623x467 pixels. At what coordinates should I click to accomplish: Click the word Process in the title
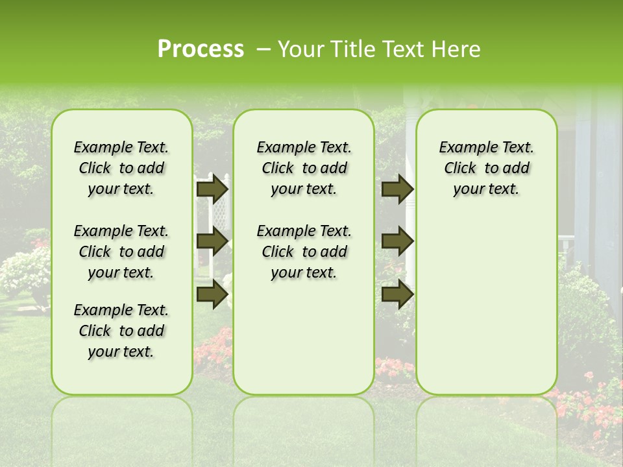(201, 49)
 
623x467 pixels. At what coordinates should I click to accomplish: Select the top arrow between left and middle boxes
(212, 189)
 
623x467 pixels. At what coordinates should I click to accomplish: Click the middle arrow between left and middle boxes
(212, 241)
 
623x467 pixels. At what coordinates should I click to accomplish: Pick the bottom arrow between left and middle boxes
(212, 294)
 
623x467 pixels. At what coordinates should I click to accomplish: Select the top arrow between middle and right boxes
(397, 189)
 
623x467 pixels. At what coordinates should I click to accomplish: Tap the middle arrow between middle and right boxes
(397, 241)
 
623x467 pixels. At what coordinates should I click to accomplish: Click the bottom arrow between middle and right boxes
(397, 294)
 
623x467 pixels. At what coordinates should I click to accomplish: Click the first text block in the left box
(121, 168)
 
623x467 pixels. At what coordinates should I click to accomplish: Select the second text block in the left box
(121, 252)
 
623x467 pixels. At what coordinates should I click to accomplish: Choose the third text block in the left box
(121, 331)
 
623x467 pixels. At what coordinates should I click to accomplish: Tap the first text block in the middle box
(304, 168)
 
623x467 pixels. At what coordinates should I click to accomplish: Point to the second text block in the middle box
(304, 252)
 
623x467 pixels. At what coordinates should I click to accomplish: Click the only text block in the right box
(486, 168)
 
